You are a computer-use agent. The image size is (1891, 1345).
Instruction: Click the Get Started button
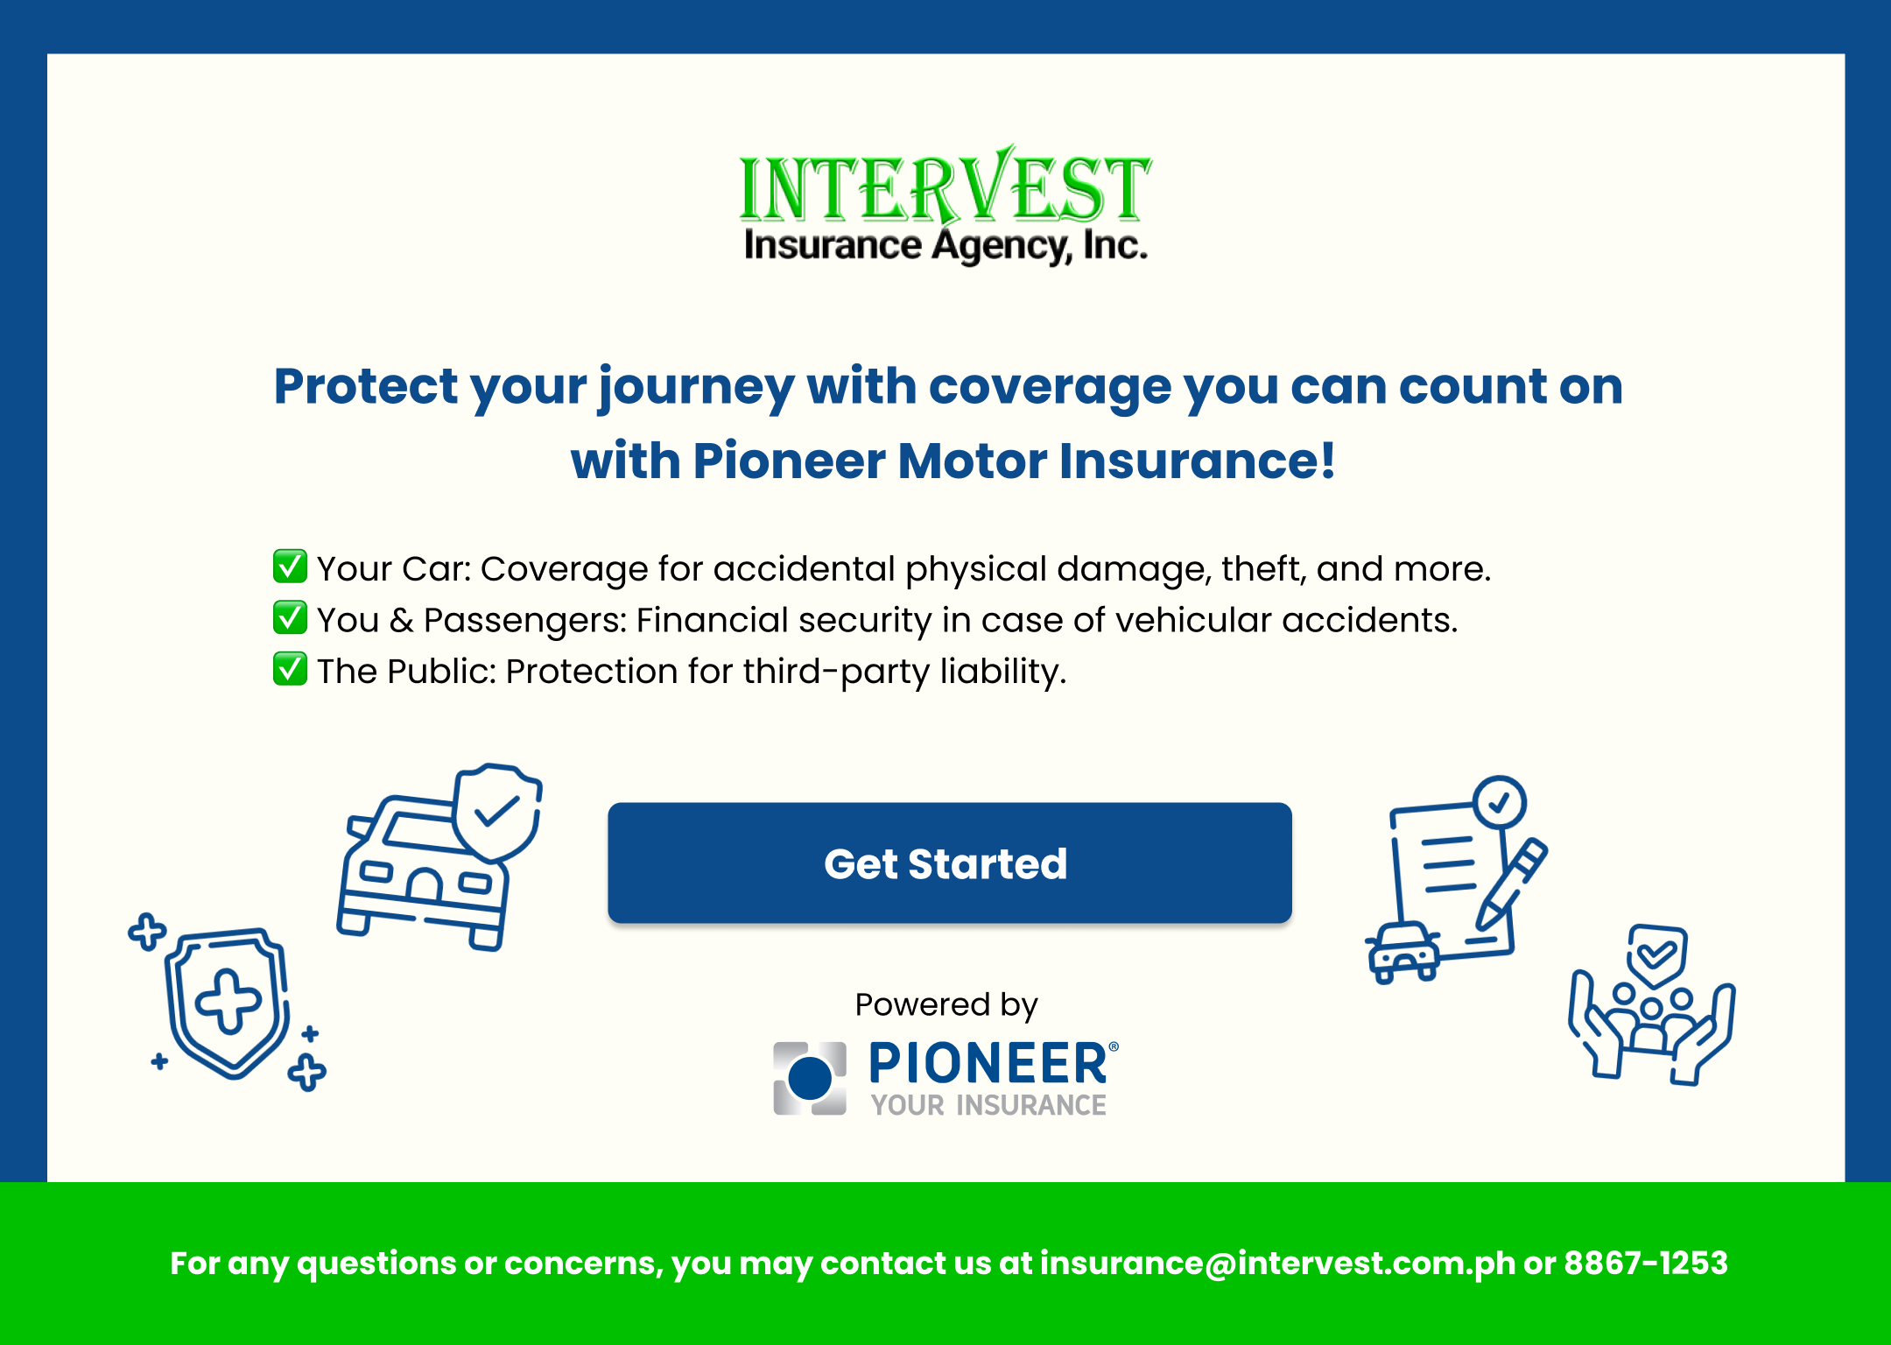[950, 863]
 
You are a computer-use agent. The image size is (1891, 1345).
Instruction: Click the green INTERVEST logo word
[945, 186]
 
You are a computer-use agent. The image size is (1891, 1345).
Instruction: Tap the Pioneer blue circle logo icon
[810, 1078]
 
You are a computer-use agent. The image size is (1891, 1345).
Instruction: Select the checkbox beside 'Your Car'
[290, 566]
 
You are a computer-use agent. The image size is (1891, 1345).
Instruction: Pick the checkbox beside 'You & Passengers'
[290, 617]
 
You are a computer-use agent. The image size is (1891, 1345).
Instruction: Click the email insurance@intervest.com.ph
[1277, 1264]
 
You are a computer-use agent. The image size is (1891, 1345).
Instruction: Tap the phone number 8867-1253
[1646, 1263]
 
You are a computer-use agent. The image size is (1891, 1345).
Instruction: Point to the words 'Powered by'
[946, 1005]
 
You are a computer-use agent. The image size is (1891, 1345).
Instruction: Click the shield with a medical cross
[227, 1002]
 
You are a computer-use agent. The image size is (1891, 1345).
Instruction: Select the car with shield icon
[439, 856]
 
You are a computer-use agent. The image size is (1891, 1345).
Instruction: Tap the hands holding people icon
[1651, 1005]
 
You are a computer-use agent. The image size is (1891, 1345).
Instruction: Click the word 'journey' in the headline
[696, 388]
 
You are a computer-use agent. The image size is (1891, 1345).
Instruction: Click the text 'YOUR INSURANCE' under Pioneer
[988, 1105]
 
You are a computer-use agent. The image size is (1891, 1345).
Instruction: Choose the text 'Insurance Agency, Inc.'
[945, 246]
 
